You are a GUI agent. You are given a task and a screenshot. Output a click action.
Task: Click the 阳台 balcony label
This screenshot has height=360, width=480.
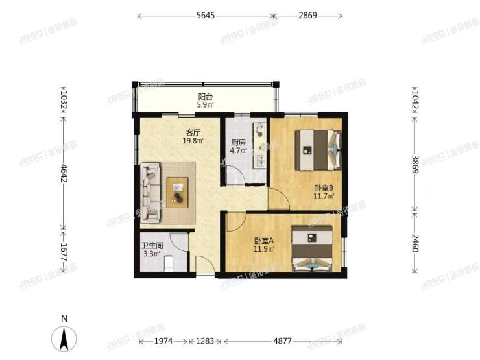[x=206, y=97]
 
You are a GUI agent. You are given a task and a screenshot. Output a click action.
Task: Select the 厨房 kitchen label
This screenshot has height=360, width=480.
[x=238, y=143]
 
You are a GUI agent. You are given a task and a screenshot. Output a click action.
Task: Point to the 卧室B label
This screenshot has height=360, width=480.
[x=323, y=189]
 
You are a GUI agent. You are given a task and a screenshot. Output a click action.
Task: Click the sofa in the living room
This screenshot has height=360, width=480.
[x=150, y=191]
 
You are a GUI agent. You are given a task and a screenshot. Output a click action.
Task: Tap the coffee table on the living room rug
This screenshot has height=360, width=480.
[x=177, y=192]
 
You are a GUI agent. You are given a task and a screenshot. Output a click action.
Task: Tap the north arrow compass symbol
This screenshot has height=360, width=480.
[x=64, y=337]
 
